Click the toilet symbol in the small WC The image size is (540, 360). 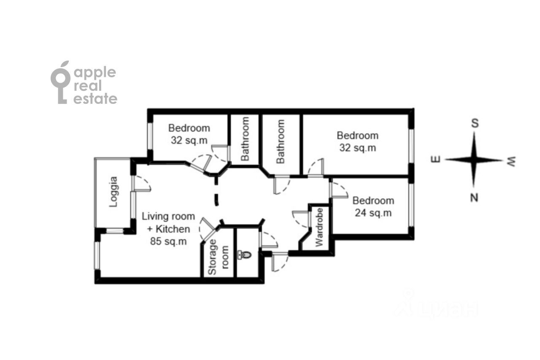(x=245, y=254)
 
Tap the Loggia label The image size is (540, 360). (x=113, y=192)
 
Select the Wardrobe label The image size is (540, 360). (x=319, y=227)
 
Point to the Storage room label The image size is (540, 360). (x=218, y=257)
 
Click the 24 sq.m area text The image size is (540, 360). (x=373, y=213)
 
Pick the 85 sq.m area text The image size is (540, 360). (x=168, y=241)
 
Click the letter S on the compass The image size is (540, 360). (x=475, y=124)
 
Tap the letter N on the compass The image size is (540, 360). (x=474, y=198)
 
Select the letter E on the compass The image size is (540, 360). (x=436, y=159)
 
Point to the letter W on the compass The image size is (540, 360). (x=512, y=161)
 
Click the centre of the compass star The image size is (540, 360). (x=474, y=160)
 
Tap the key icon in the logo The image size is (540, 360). (x=60, y=82)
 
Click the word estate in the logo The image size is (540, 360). (x=95, y=99)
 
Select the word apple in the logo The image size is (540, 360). (x=95, y=73)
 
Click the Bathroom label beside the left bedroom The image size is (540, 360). (x=245, y=139)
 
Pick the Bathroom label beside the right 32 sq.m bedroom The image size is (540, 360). (x=281, y=141)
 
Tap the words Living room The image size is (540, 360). (x=168, y=216)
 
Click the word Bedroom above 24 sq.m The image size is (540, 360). (x=373, y=200)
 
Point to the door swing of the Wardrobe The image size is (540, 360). (x=300, y=219)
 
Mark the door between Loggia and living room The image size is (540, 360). (x=142, y=184)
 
